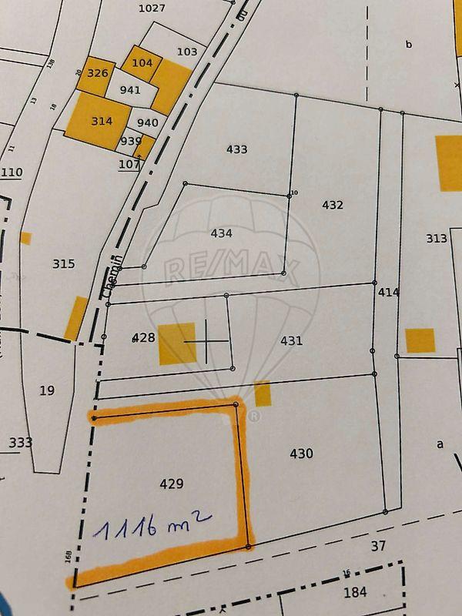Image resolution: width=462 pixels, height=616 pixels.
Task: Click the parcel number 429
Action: click(x=171, y=484)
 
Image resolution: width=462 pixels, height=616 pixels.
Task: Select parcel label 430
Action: click(x=301, y=454)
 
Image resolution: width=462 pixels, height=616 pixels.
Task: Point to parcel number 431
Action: click(x=291, y=340)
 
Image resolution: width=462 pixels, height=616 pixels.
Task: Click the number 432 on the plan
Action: click(x=333, y=205)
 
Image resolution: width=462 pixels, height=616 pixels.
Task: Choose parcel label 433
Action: click(x=236, y=149)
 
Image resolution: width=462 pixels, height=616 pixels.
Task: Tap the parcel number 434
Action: click(x=221, y=232)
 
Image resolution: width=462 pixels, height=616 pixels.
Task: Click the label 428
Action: click(x=144, y=337)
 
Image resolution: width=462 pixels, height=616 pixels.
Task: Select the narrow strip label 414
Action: click(x=389, y=293)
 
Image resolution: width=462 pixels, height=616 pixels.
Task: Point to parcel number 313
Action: click(x=437, y=238)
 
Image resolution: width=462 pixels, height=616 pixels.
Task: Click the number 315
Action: click(x=64, y=263)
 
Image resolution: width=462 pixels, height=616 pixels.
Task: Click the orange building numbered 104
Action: click(x=142, y=63)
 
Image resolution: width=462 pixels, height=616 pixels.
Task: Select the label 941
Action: click(x=131, y=89)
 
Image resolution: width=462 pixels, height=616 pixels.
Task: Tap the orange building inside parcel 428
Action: click(x=178, y=343)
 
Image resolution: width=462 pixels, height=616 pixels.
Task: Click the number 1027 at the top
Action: click(x=152, y=8)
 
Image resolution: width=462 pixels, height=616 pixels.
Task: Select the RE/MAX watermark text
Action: click(x=231, y=268)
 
